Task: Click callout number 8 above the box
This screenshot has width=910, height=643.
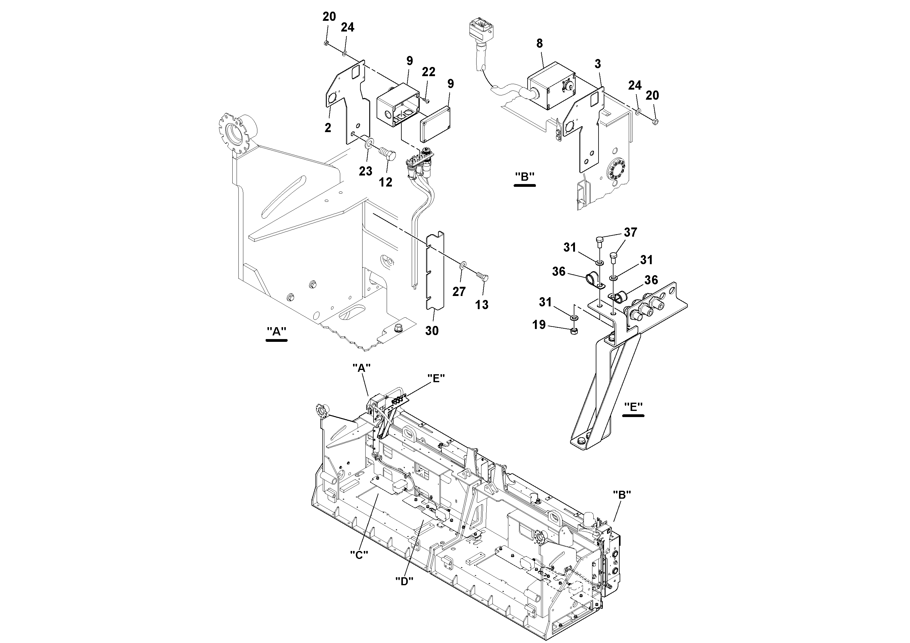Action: point(540,44)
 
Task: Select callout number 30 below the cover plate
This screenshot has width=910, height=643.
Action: point(432,330)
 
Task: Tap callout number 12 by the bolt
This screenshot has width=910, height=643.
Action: point(385,182)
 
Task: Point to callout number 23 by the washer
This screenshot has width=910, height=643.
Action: point(365,171)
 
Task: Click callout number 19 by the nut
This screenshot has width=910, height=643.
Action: point(539,325)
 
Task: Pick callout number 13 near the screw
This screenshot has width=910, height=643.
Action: point(482,305)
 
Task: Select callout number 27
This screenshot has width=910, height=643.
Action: point(459,292)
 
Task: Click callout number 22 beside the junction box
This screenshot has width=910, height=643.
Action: point(429,72)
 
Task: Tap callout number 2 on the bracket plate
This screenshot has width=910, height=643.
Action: point(328,127)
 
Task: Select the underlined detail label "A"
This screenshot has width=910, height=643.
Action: point(277,331)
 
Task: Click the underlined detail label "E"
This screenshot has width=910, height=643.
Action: point(633,407)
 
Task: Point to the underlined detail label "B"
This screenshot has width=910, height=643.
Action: point(524,177)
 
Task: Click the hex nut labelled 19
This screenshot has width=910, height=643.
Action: point(574,332)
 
